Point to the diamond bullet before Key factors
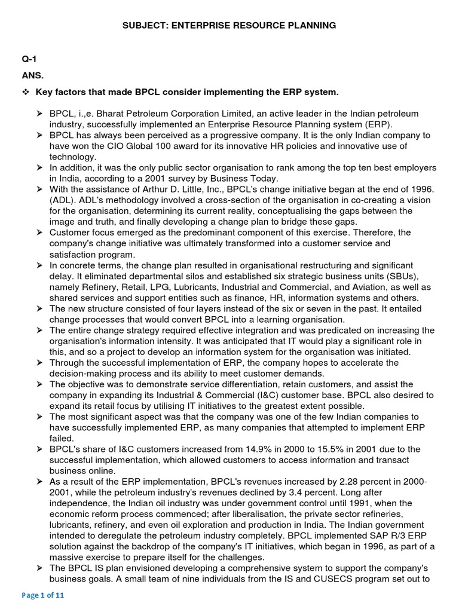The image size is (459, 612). [x=26, y=92]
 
